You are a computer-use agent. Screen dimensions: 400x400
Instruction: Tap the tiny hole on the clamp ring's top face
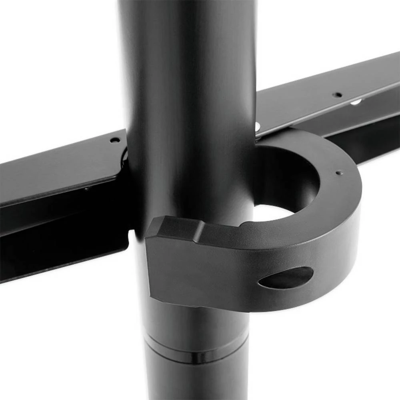[x=339, y=173]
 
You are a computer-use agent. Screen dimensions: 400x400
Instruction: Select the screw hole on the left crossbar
[x=115, y=140]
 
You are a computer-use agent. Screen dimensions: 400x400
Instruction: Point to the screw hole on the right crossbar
[x=338, y=95]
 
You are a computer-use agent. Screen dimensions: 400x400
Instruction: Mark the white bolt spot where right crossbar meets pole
[x=257, y=127]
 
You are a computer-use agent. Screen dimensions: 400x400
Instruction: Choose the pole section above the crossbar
[x=188, y=60]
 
